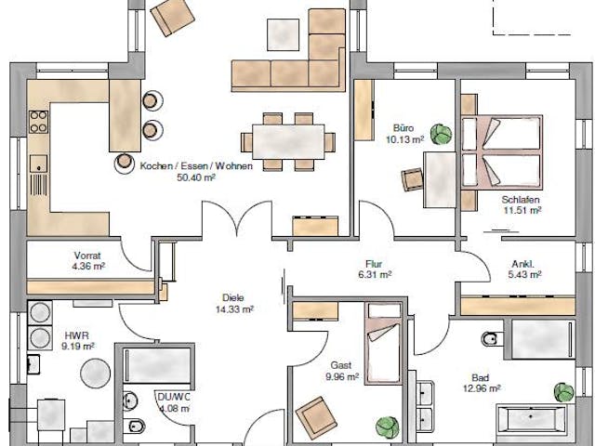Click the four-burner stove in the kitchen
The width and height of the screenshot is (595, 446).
39,122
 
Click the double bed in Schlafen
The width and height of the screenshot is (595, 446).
505,149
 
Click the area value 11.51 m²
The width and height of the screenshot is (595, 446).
522,211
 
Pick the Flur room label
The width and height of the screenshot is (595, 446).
375,263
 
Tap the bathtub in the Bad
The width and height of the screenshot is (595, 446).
535,419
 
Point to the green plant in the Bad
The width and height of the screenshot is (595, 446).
563,391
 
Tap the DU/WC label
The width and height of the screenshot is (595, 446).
173,398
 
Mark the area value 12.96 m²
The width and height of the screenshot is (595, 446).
483,388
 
